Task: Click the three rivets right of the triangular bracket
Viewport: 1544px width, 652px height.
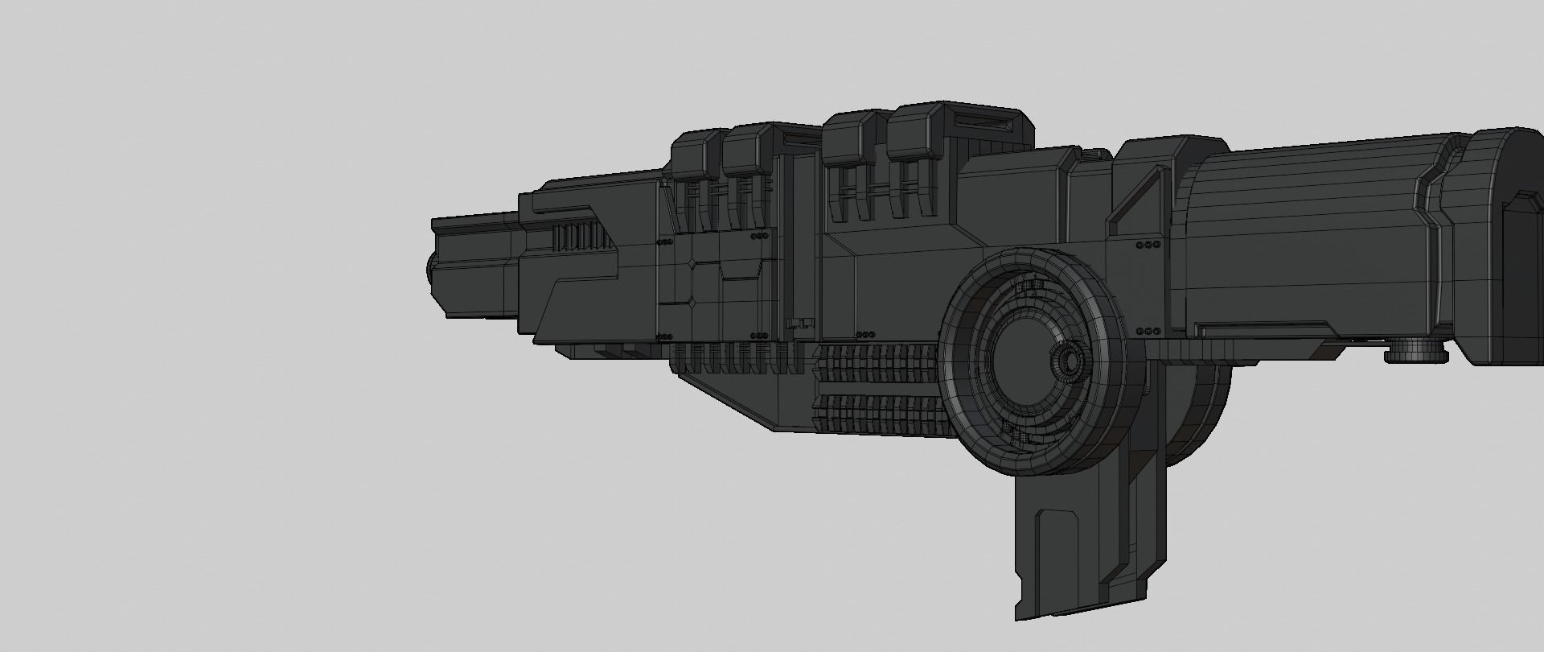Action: pos(1148,244)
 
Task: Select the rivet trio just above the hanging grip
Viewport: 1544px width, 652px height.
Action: pos(1148,331)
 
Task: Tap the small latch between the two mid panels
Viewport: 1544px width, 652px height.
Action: pos(797,324)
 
